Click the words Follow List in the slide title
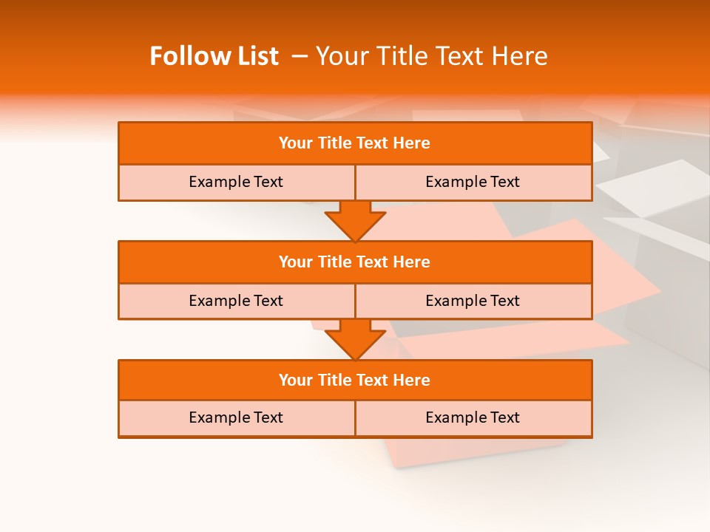(214, 56)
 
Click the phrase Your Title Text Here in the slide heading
(431, 56)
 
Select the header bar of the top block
(355, 143)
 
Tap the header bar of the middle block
(355, 262)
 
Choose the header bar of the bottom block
(355, 380)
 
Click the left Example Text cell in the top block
(236, 182)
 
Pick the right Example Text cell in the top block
(473, 182)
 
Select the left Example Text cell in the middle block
(236, 301)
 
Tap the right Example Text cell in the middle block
(473, 301)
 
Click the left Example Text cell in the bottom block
(236, 417)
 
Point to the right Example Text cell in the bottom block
(473, 417)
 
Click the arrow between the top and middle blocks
(355, 220)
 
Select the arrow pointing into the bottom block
(355, 339)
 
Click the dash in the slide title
(300, 56)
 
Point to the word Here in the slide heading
(521, 56)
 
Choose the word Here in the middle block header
(411, 262)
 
